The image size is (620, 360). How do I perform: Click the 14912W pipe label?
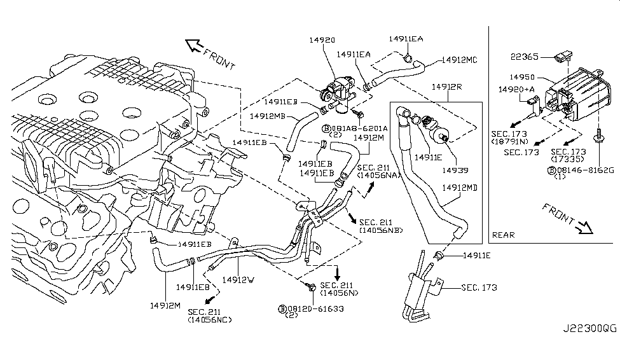click(x=238, y=279)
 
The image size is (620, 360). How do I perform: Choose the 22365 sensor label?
click(x=525, y=57)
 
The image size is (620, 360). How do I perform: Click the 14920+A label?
click(x=516, y=90)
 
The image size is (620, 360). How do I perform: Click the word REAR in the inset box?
click(x=504, y=235)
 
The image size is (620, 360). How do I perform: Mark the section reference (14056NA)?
click(x=378, y=174)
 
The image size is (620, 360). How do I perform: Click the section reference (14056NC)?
click(x=210, y=319)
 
